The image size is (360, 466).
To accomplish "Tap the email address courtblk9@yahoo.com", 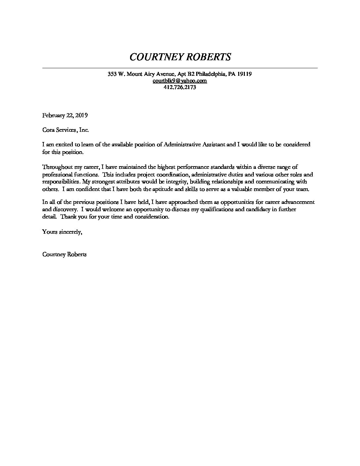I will tap(180, 81).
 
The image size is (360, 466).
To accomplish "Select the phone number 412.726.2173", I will tap(180, 87).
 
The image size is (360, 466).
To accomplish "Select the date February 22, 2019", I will tap(65, 116).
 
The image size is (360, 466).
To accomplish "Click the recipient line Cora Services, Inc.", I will tap(66, 130).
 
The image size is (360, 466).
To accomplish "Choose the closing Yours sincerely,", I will tap(62, 232).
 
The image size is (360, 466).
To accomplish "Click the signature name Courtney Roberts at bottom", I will tap(65, 255).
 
